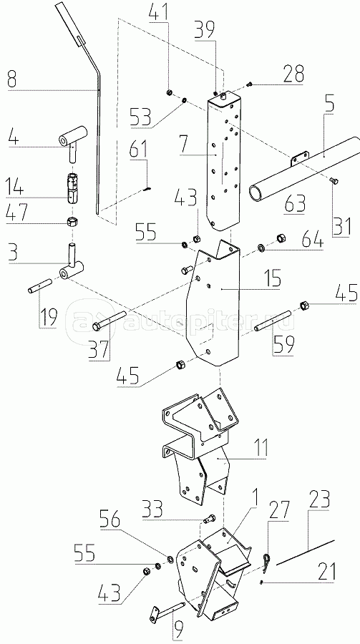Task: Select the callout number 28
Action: tap(292, 73)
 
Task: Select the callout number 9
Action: tap(177, 628)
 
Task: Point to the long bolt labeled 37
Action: tap(110, 321)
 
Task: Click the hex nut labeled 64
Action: tap(281, 238)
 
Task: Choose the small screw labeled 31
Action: tap(334, 180)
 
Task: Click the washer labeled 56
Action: tap(170, 559)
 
